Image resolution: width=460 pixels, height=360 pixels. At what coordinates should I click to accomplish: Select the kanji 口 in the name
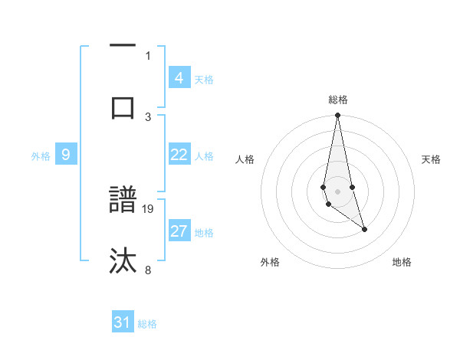click(123, 106)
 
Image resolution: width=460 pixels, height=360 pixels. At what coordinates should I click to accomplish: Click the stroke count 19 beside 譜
click(149, 208)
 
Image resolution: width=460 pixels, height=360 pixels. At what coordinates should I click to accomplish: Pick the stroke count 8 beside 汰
click(149, 269)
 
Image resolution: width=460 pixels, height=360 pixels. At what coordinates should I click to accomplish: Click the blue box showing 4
click(179, 77)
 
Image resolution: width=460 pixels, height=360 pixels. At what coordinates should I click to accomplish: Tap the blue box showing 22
click(179, 155)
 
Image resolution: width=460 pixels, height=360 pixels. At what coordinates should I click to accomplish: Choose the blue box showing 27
click(179, 231)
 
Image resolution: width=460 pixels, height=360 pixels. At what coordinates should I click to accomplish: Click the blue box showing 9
click(66, 155)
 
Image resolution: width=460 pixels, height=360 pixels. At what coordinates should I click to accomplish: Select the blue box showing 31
click(123, 322)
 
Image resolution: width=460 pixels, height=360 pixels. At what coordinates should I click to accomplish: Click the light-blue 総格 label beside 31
click(147, 324)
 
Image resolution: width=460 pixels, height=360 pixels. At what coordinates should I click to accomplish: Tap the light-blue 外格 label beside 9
click(41, 156)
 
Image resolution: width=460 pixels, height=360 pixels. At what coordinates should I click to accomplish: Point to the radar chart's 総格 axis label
click(338, 100)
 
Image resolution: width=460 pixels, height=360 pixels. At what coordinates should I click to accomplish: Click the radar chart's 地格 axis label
click(402, 262)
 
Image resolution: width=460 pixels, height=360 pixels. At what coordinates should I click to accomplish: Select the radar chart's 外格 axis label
click(270, 262)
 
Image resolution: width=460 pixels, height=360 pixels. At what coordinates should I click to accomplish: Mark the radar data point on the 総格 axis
click(337, 116)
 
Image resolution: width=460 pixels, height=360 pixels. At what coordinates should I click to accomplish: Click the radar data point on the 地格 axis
click(364, 229)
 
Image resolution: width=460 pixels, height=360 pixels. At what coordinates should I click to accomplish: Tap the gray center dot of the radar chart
click(337, 191)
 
